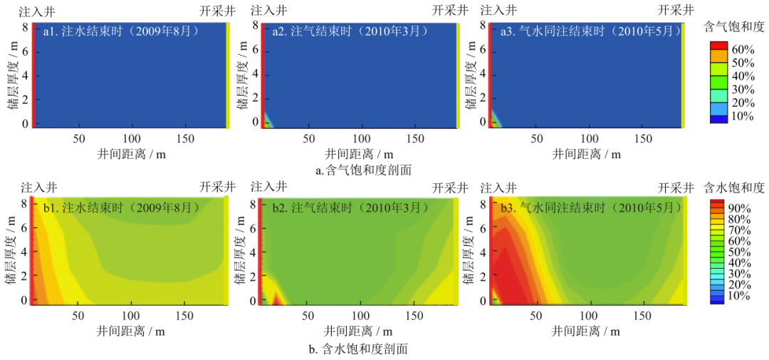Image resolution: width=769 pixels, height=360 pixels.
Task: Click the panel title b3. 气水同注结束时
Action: (592, 208)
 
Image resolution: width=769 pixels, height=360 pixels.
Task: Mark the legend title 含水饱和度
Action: (733, 188)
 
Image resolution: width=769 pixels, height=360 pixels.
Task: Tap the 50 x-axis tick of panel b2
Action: (309, 315)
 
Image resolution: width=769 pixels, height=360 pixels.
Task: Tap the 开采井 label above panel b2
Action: (450, 187)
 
